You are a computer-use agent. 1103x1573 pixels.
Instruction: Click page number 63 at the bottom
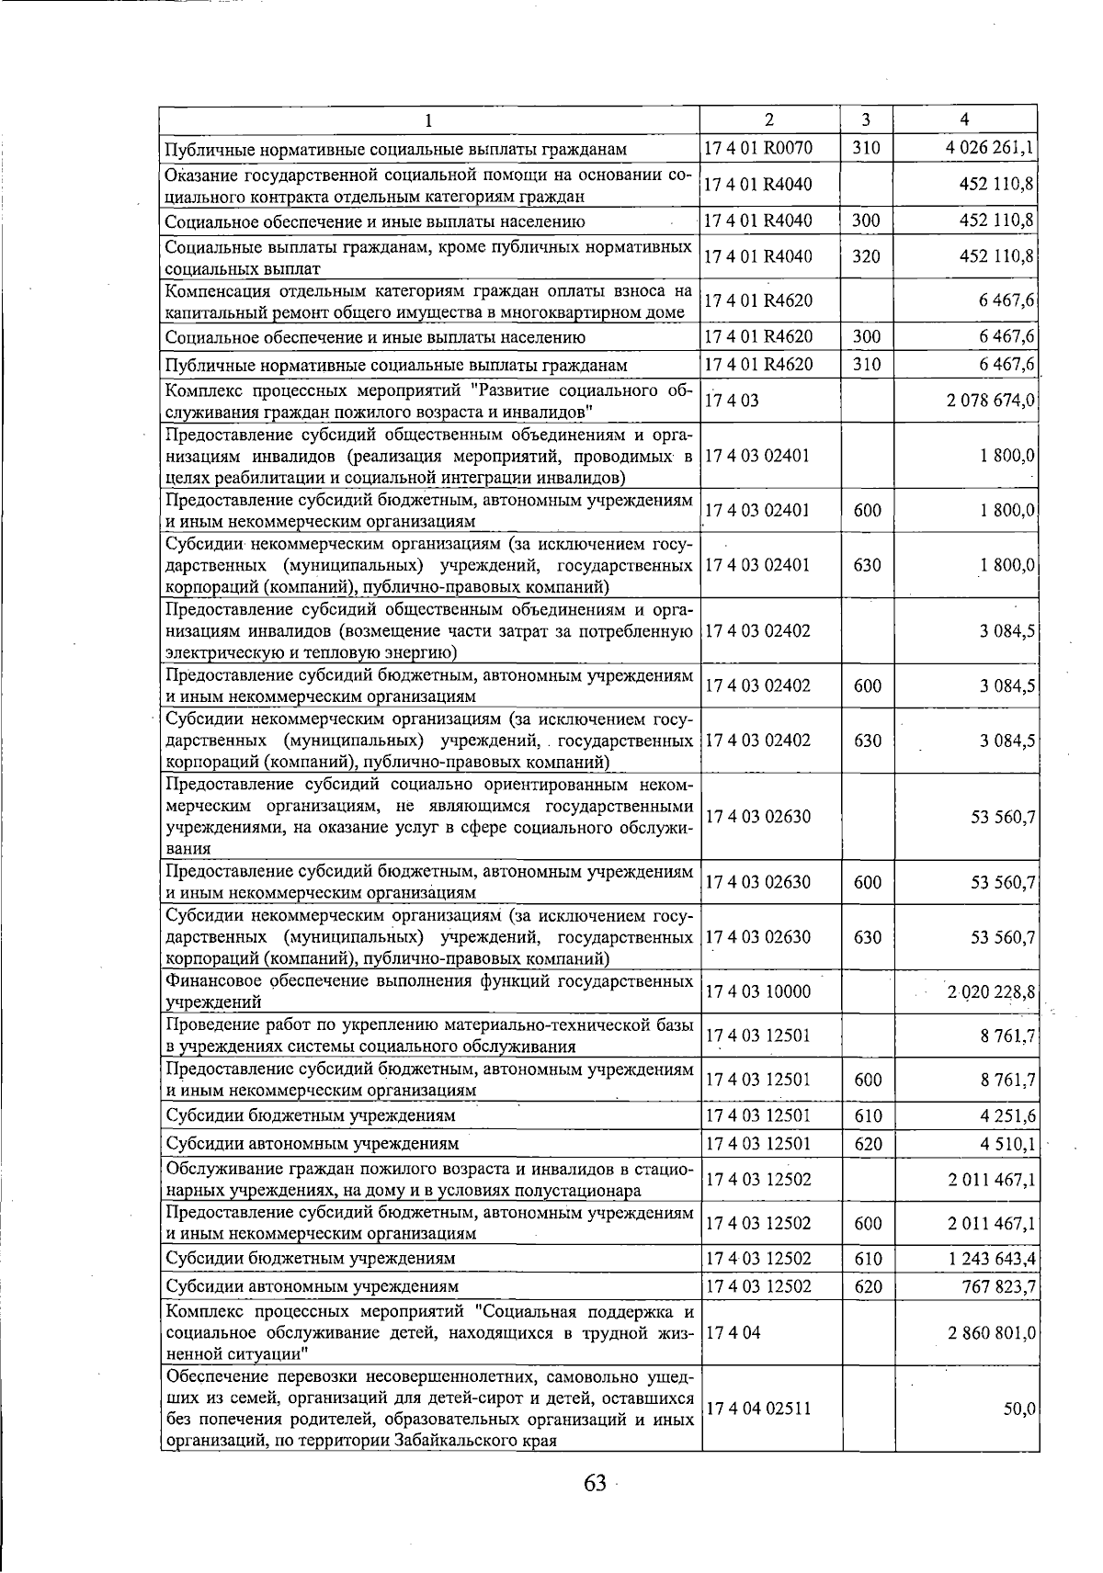click(x=595, y=1482)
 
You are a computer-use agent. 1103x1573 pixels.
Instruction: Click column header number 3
click(x=866, y=119)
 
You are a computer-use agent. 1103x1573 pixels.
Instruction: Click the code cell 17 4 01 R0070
click(x=758, y=147)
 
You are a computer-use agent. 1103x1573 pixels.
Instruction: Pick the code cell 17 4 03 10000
click(x=758, y=991)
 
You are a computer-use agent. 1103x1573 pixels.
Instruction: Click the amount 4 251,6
click(x=1008, y=1115)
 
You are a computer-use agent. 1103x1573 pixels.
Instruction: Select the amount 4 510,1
click(x=1008, y=1143)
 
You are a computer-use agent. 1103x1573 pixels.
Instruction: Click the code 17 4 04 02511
click(x=758, y=1408)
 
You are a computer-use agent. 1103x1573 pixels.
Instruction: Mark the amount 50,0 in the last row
click(x=1019, y=1409)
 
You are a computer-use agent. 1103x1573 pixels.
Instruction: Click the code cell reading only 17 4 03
click(x=733, y=401)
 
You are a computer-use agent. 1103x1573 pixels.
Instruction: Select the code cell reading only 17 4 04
click(x=733, y=1332)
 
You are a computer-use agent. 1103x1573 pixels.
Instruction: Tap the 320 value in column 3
click(x=867, y=256)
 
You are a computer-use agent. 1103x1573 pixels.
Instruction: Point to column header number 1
click(x=428, y=119)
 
